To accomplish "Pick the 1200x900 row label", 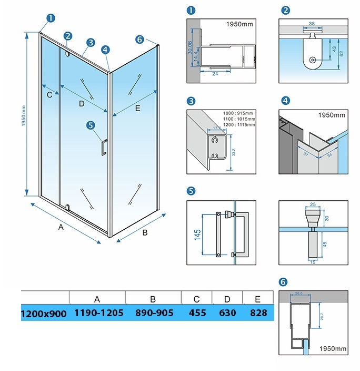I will point(44,314).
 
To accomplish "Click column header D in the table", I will point(227,298).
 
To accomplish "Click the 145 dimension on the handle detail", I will point(197,235).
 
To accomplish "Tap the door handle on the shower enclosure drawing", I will point(104,148).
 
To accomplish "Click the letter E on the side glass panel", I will point(137,109).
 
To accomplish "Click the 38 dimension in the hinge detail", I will point(311,24).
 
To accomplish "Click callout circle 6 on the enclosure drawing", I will point(139,40).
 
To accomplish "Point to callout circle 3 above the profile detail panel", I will point(191,101).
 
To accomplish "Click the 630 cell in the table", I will point(227,313).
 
